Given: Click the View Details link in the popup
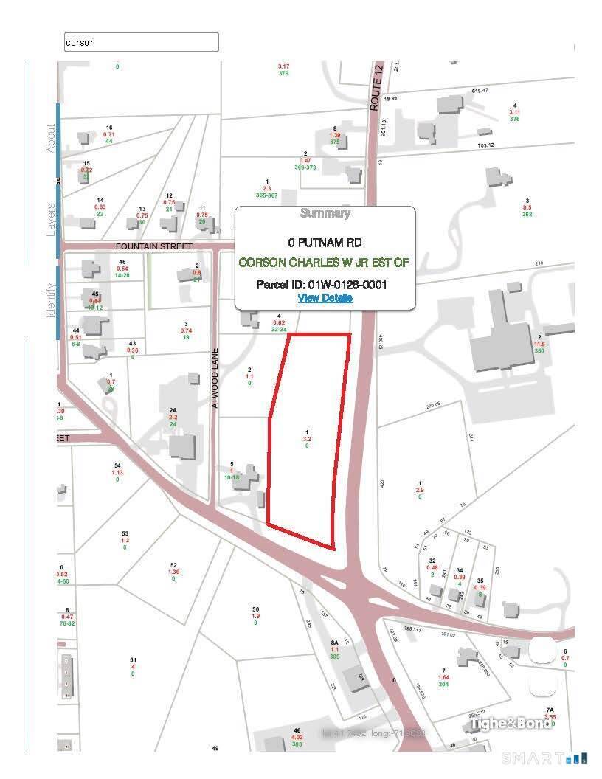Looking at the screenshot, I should (x=325, y=298).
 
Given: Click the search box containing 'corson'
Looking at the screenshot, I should (x=142, y=43).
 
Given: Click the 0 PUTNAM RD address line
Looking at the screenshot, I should (x=325, y=242).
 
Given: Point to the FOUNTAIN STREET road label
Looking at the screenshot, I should (x=154, y=246).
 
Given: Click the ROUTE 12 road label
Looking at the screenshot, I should (x=375, y=97).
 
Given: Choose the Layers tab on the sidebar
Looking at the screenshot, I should (x=52, y=218).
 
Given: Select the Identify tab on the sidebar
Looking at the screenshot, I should (x=52, y=300).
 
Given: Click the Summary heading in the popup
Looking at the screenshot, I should (x=325, y=214).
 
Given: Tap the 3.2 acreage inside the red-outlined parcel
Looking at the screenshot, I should (x=307, y=439).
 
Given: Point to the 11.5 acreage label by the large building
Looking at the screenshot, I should (x=540, y=344).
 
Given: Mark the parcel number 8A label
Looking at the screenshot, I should (x=334, y=643).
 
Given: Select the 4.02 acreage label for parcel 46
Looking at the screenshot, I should (x=297, y=737).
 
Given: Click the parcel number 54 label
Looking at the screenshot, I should (x=117, y=465).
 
